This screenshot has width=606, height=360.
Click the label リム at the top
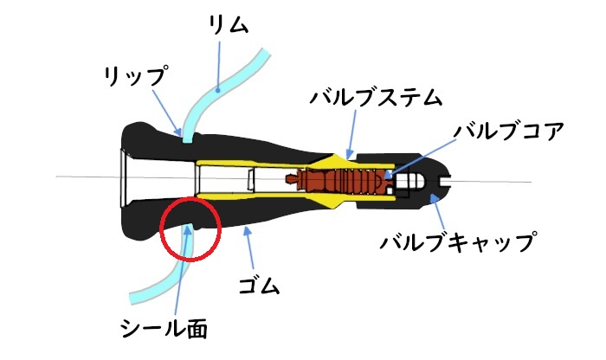228,25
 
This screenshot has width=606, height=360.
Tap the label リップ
136,75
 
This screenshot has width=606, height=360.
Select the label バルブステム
376,97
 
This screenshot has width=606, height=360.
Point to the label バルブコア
509,131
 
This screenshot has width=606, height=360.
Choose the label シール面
164,328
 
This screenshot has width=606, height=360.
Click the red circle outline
190,229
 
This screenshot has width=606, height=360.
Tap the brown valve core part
339,180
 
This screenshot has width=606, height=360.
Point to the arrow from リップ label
166,112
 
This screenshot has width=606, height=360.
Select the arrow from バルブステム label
351,134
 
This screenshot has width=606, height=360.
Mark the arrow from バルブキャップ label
439,212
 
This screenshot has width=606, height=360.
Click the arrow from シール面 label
182,270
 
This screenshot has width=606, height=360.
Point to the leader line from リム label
218,67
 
